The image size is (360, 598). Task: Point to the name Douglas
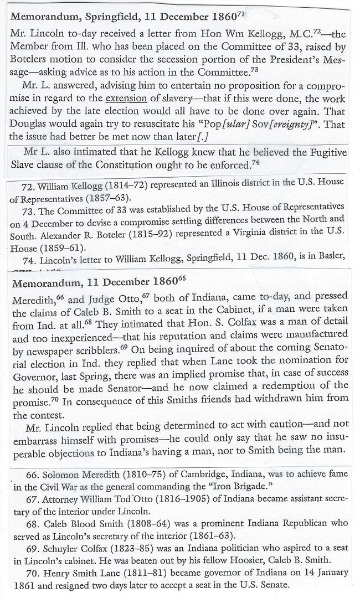tap(28, 123)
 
